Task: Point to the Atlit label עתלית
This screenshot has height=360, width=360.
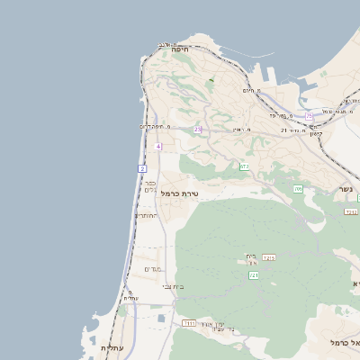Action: pyautogui.click(x=112, y=347)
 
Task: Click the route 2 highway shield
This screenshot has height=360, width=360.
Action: pyautogui.click(x=142, y=169)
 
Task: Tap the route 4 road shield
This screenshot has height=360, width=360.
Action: pyautogui.click(x=158, y=146)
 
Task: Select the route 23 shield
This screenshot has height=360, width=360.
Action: pyautogui.click(x=197, y=130)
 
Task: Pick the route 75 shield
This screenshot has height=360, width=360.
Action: pyautogui.click(x=309, y=116)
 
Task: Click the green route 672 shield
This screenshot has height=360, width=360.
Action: pyautogui.click(x=244, y=166)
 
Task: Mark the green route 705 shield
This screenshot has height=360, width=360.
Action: pyautogui.click(x=298, y=189)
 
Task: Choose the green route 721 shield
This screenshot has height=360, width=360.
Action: pyautogui.click(x=254, y=275)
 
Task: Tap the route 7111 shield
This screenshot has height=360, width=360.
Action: pyautogui.click(x=189, y=322)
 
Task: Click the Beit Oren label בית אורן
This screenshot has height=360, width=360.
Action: pyautogui.click(x=252, y=260)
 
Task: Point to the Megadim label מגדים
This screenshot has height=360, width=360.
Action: pyautogui.click(x=152, y=269)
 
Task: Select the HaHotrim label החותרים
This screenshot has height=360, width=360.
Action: pyautogui.click(x=146, y=216)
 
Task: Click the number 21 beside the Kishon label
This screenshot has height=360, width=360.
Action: pyautogui.click(x=284, y=130)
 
